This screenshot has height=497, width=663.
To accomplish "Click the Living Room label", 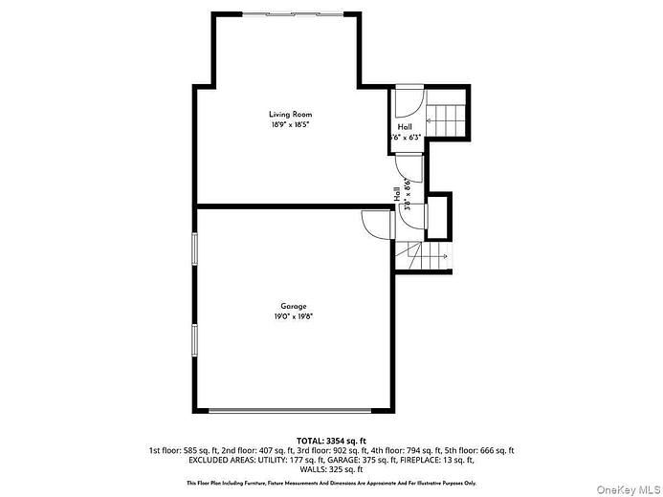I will (290, 115).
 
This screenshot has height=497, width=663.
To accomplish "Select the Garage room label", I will (294, 306).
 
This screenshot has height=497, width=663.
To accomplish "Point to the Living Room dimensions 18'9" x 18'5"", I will (290, 125).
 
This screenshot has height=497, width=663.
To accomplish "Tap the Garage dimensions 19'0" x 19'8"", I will (294, 316).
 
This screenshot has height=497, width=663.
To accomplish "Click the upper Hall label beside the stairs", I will (406, 126).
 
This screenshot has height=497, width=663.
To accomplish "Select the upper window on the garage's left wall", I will (193, 249).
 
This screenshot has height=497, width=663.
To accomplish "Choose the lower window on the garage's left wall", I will (193, 340).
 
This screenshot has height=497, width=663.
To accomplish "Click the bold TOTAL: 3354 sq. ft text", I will (331, 440).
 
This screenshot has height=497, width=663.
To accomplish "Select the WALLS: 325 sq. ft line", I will (331, 470).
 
